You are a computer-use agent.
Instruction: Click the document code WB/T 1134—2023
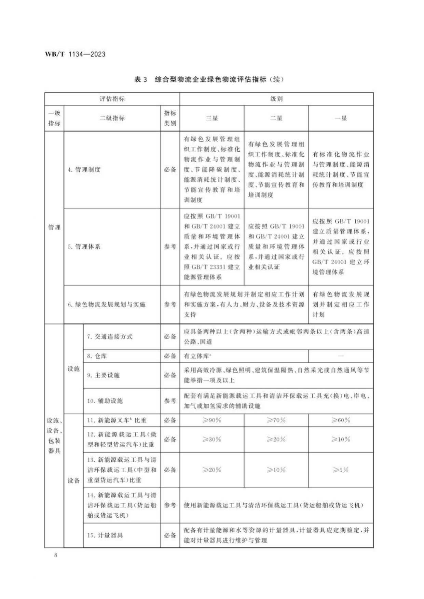pos(75,54)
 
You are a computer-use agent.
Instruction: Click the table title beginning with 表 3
pos(209,80)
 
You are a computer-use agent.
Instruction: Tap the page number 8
pos(56,555)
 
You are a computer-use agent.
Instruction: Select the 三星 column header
pos(212,118)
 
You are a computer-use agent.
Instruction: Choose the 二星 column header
pos(276,118)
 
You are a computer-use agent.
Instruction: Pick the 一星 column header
pos(341,118)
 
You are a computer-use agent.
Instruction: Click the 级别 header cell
pos(276,99)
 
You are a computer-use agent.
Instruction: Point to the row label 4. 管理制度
pos(84,170)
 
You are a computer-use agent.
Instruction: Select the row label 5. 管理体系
pos(84,247)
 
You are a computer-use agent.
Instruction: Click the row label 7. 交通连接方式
pos(110,337)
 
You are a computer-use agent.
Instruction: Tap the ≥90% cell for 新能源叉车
pos(212,420)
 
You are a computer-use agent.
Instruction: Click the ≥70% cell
pos(276,420)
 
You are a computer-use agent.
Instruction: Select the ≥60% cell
pos(341,420)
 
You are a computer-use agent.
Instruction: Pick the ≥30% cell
pos(212,440)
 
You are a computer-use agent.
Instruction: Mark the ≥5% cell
pos(341,470)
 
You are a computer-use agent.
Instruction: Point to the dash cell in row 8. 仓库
pos(341,356)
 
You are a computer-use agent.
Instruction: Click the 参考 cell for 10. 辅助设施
pos(170,401)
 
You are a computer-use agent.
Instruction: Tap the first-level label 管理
pos(54,227)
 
